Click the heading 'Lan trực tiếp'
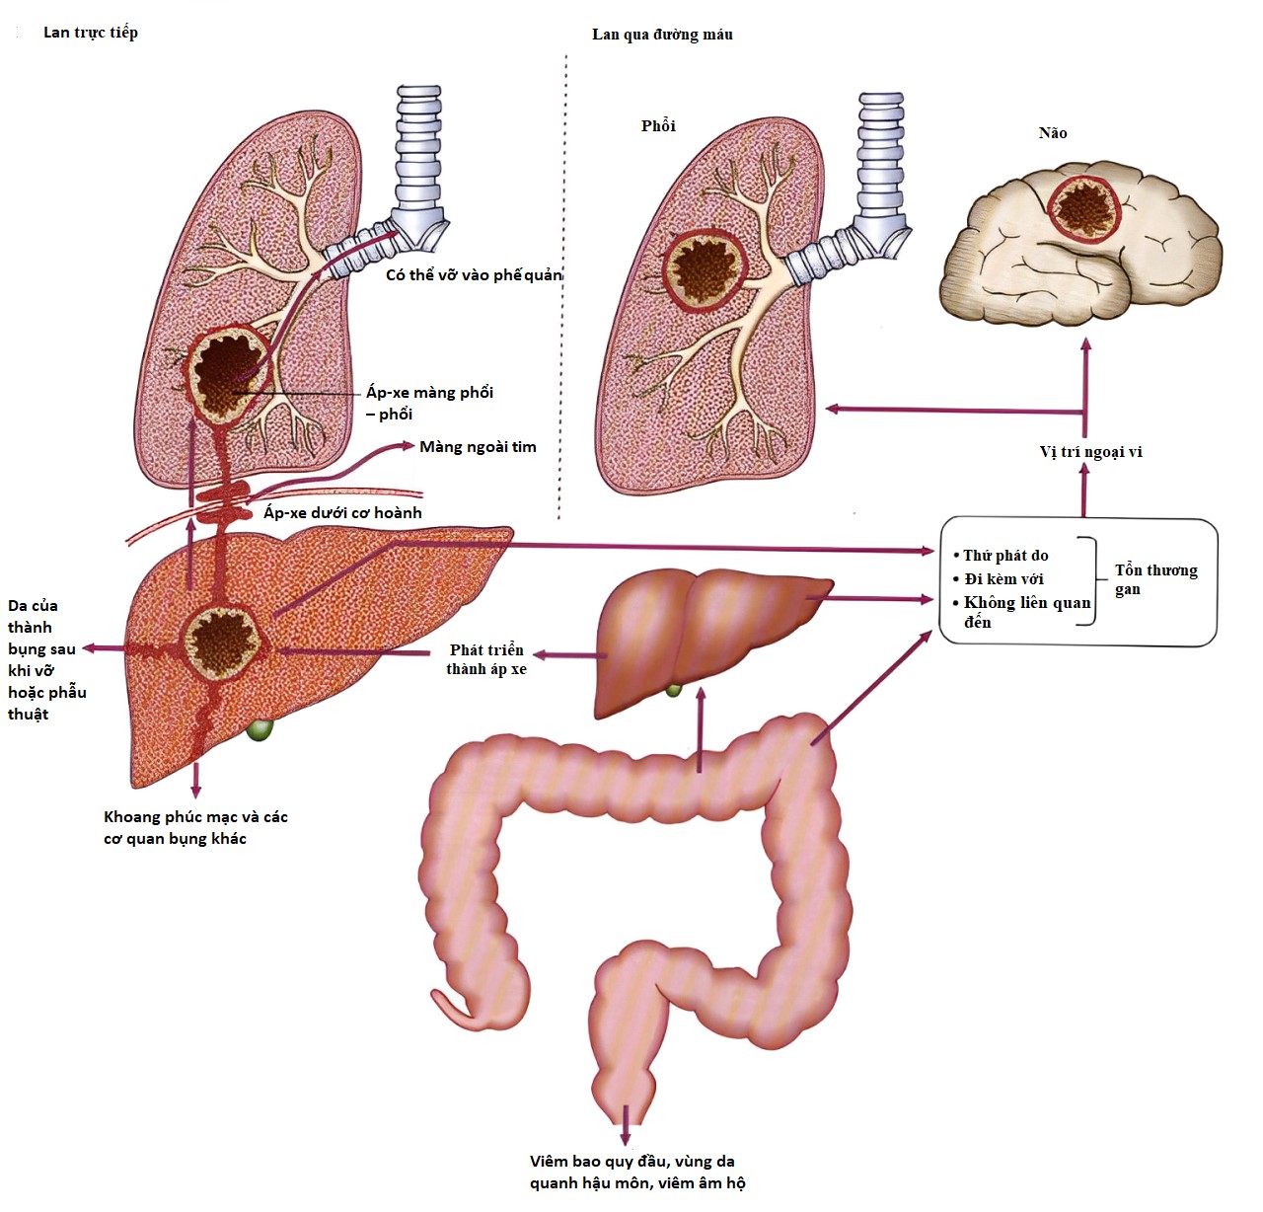(x=90, y=33)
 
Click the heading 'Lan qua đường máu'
(x=662, y=35)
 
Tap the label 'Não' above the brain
(x=1052, y=133)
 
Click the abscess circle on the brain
(x=1084, y=208)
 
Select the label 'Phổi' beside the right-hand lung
(x=658, y=125)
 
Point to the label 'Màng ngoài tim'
(x=478, y=447)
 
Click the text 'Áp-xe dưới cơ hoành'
(x=342, y=513)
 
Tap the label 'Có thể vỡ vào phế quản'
(x=474, y=275)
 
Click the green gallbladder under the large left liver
(x=260, y=730)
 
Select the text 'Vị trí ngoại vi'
(x=1090, y=452)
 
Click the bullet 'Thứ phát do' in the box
(x=1004, y=556)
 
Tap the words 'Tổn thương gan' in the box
(x=1154, y=579)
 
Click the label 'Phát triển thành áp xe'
(x=486, y=659)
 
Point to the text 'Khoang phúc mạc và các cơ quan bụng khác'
(x=195, y=827)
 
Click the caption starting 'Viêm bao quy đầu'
(x=637, y=1172)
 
